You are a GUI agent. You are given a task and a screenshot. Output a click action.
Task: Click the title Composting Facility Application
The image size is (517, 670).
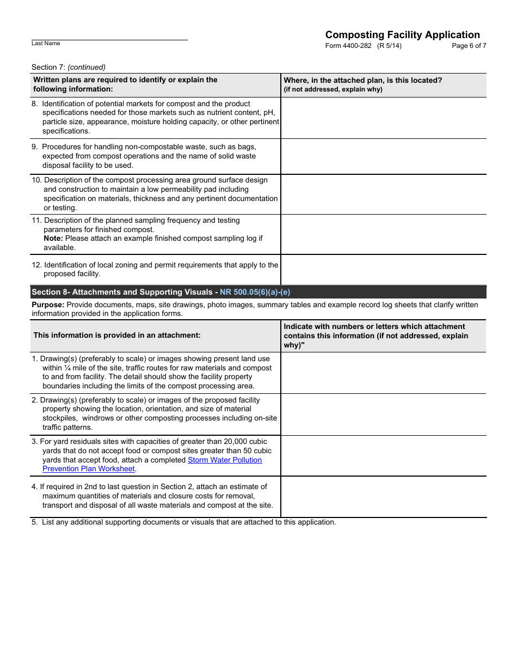(402, 35)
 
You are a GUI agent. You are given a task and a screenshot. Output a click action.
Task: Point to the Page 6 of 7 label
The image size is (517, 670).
(469, 46)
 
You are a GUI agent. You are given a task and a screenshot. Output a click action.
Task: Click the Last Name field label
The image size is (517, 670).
(46, 44)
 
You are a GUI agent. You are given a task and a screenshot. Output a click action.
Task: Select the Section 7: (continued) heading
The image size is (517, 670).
(69, 67)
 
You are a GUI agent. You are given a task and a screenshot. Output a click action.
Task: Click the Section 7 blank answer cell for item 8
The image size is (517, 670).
(384, 118)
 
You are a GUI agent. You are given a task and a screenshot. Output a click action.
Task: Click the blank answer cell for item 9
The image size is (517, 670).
(384, 156)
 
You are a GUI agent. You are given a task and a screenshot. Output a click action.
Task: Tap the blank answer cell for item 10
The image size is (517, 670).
(384, 194)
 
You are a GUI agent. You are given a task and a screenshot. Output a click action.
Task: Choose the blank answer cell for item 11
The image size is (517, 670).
(384, 234)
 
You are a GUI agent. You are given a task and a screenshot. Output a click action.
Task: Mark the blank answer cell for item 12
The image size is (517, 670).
(384, 270)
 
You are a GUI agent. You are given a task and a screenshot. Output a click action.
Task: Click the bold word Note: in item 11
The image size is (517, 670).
(53, 239)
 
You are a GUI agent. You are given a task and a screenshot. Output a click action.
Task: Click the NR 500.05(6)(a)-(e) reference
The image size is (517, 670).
(255, 293)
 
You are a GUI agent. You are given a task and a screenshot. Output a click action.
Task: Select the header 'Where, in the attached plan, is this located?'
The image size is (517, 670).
(363, 80)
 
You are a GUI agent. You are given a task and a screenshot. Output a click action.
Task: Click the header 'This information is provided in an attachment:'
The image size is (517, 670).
(117, 336)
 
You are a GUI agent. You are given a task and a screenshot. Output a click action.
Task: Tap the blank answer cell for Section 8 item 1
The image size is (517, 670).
(384, 373)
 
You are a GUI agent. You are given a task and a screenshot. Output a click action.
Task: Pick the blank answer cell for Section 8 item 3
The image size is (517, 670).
(384, 455)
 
